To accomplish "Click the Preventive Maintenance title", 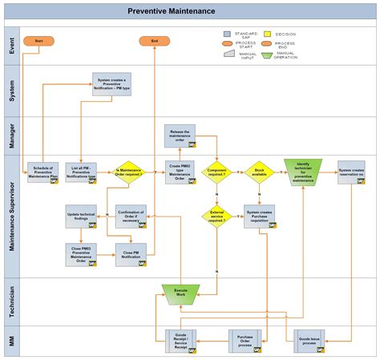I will point(172,11).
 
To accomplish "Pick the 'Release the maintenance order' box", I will point(180,135).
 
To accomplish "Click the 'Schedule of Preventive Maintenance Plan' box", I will point(43,172).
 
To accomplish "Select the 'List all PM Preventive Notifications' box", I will point(81,172).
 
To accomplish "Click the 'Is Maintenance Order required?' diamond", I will point(129,172).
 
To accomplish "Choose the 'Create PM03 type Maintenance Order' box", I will point(180,171).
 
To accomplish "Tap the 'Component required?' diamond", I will point(216,172).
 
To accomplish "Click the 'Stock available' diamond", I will point(259,172).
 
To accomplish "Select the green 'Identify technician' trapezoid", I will point(303,171).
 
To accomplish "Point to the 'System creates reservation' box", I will point(350,172).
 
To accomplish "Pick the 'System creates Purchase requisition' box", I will point(259,216).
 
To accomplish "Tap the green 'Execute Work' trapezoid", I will point(180,293).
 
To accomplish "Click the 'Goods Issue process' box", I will point(309,339).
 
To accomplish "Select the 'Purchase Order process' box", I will point(245,340).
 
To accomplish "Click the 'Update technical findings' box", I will point(81,216).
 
